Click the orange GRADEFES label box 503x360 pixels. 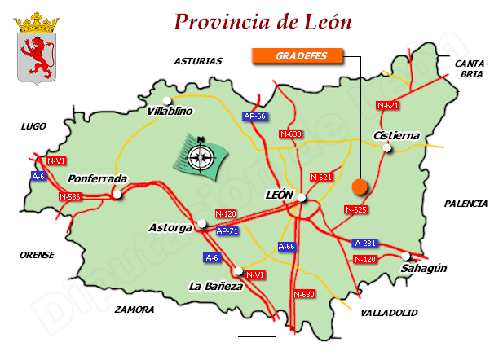pos(297,55)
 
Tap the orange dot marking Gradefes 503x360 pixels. pos(360,187)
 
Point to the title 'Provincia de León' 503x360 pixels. pos(263,22)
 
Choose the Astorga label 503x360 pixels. pos(171,227)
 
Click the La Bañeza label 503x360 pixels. pos(215,286)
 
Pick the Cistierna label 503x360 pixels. pos(395,135)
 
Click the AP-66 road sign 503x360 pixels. pos(255,116)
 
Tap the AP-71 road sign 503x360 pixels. pos(227,231)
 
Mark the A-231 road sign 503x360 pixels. pos(365,243)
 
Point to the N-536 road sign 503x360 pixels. pos(70,196)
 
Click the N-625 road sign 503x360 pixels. pos(356,210)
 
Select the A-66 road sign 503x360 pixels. pos(286,246)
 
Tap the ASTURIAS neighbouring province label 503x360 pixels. pos(198,60)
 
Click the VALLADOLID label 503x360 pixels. pos(388,312)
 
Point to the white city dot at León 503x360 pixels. pos(301,197)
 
